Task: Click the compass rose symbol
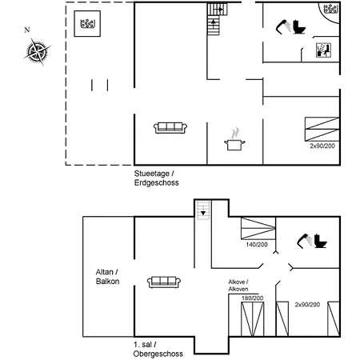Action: (37, 51)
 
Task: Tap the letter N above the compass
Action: (27, 30)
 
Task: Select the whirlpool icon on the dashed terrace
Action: (87, 23)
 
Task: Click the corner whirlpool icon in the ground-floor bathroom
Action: (331, 9)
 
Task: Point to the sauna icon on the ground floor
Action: (323, 50)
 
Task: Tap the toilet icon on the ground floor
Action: (299, 27)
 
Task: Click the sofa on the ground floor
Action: (170, 128)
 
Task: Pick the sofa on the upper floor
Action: (164, 282)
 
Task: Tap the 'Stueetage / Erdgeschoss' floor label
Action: (156, 178)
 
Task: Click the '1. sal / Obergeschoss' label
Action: (158, 349)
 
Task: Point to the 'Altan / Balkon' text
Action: (107, 277)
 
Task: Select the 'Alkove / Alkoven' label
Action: (238, 286)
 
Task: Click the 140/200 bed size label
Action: (257, 245)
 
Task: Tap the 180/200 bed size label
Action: (253, 298)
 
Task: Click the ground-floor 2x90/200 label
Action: (322, 146)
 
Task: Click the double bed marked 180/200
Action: (252, 319)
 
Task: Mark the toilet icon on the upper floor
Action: (320, 241)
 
